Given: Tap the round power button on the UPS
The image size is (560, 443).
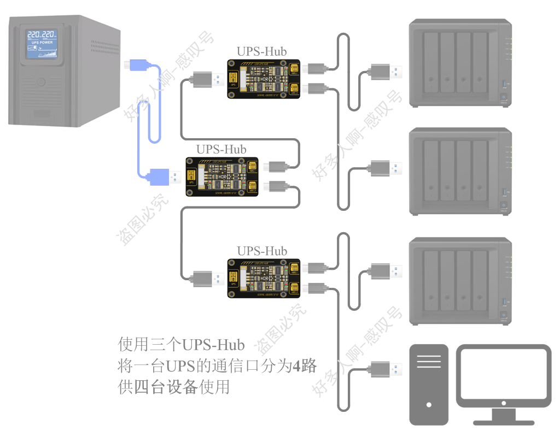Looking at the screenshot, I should pyautogui.click(x=40, y=82).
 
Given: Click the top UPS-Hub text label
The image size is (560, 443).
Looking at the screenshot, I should pyautogui.click(x=261, y=51).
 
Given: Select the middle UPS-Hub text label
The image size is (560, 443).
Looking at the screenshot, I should pyautogui.click(x=221, y=149).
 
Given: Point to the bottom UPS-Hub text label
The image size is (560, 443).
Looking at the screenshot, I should pyautogui.click(x=261, y=251).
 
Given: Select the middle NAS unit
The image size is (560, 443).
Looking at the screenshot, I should pyautogui.click(x=460, y=172).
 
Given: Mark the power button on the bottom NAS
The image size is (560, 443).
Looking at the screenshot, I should pyautogui.click(x=504, y=316).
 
